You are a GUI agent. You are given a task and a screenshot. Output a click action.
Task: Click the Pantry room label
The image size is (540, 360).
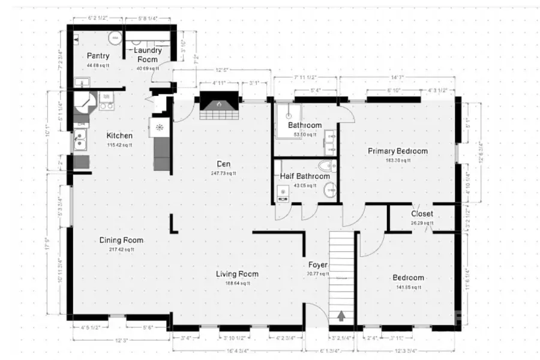point(98,56)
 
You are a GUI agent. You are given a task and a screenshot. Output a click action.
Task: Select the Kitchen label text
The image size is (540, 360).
point(119,136)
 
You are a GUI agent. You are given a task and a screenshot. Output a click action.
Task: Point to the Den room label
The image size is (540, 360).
point(224,164)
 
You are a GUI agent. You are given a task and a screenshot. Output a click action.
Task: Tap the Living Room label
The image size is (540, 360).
point(237,274)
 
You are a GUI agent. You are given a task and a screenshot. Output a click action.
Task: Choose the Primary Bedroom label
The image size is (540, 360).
point(397,151)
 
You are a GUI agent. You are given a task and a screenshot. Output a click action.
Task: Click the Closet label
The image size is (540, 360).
point(422,214)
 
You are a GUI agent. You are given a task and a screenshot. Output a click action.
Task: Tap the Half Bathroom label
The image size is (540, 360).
point(305,176)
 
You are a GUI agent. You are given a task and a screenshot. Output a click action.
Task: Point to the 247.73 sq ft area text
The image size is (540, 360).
point(224,173)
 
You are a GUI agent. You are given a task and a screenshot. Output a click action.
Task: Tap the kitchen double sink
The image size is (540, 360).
point(80,142)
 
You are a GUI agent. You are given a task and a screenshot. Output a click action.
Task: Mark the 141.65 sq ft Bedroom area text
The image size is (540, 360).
point(408,287)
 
